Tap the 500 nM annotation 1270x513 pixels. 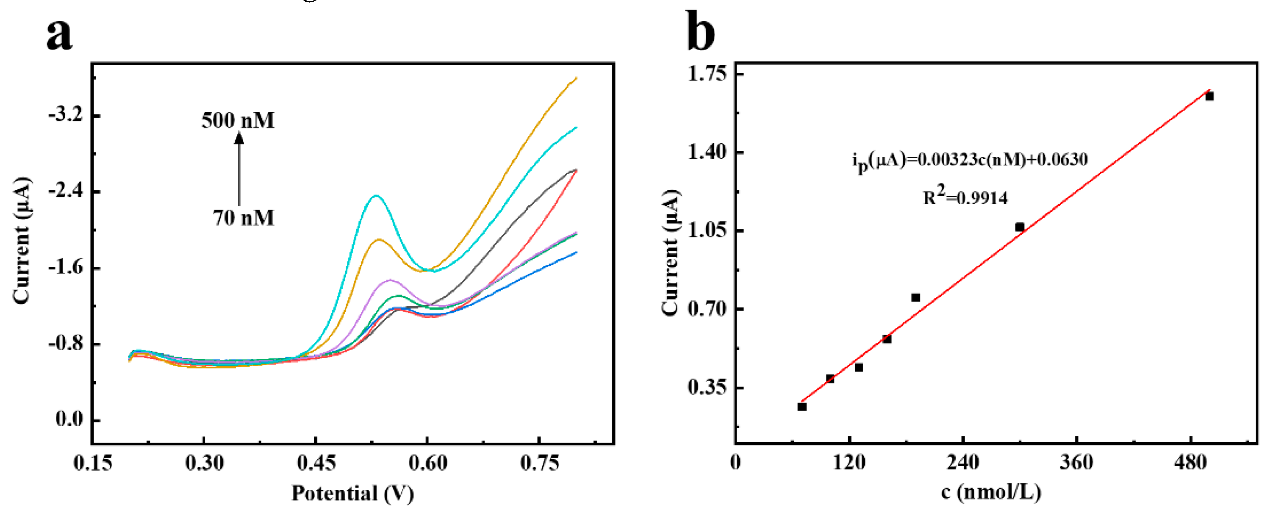[238, 120]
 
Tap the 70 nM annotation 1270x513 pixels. [243, 217]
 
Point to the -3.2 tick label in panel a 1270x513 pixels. [66, 115]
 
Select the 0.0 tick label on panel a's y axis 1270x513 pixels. [69, 419]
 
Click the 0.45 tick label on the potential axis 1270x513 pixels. [316, 463]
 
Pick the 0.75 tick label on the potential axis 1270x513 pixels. [539, 463]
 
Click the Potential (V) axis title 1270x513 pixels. [352, 493]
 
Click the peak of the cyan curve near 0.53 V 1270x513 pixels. [376, 196]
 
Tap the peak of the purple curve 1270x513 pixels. [390, 280]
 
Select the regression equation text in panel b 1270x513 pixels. [970, 160]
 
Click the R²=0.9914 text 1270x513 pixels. [965, 197]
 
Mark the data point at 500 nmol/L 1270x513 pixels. [1209, 97]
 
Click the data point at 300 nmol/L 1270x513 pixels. [1020, 227]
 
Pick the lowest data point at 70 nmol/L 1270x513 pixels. [801, 407]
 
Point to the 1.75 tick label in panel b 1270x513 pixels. [707, 74]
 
